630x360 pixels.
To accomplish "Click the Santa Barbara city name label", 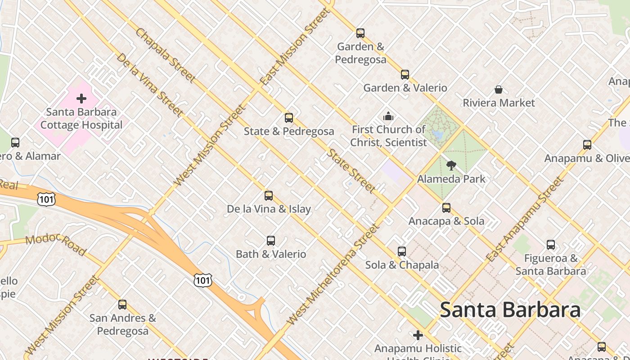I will coord(510,310).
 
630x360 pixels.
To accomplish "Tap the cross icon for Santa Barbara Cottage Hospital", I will coord(81,98).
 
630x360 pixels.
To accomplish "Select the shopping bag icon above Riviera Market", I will coord(499,90).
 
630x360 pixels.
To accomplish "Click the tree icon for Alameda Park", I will coord(451,166).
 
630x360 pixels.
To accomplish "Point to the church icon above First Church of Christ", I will coord(388,117).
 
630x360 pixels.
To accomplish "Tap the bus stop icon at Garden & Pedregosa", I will coord(360,33).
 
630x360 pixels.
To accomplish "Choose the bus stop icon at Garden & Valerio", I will coord(405,75).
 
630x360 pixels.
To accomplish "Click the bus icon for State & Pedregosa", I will coord(289,118).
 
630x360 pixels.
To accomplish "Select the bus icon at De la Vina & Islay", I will coord(269,196).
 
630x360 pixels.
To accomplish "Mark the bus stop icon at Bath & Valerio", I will coord(271,241).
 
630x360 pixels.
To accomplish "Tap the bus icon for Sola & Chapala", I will coord(402,252).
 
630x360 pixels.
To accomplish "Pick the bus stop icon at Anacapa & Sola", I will coord(446,208).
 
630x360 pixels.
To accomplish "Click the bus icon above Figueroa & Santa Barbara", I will coord(551,245).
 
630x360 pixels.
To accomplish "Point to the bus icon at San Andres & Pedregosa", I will coord(122,305).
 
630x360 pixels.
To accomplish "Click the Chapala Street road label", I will coord(166,56).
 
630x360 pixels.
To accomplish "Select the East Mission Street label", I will coord(295,47).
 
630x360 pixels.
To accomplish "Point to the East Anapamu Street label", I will coord(524,220).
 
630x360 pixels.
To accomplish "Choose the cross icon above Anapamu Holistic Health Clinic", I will coord(418,335).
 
